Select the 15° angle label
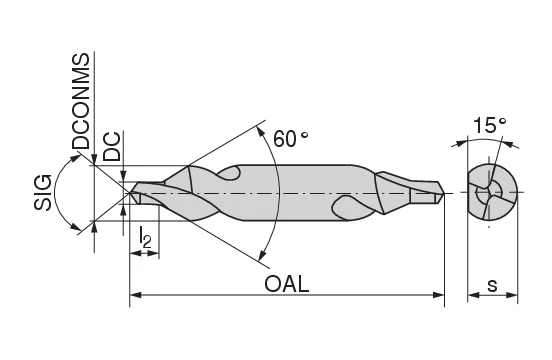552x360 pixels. [x=490, y=126]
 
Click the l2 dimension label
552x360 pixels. [x=145, y=238]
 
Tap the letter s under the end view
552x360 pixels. [x=492, y=284]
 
